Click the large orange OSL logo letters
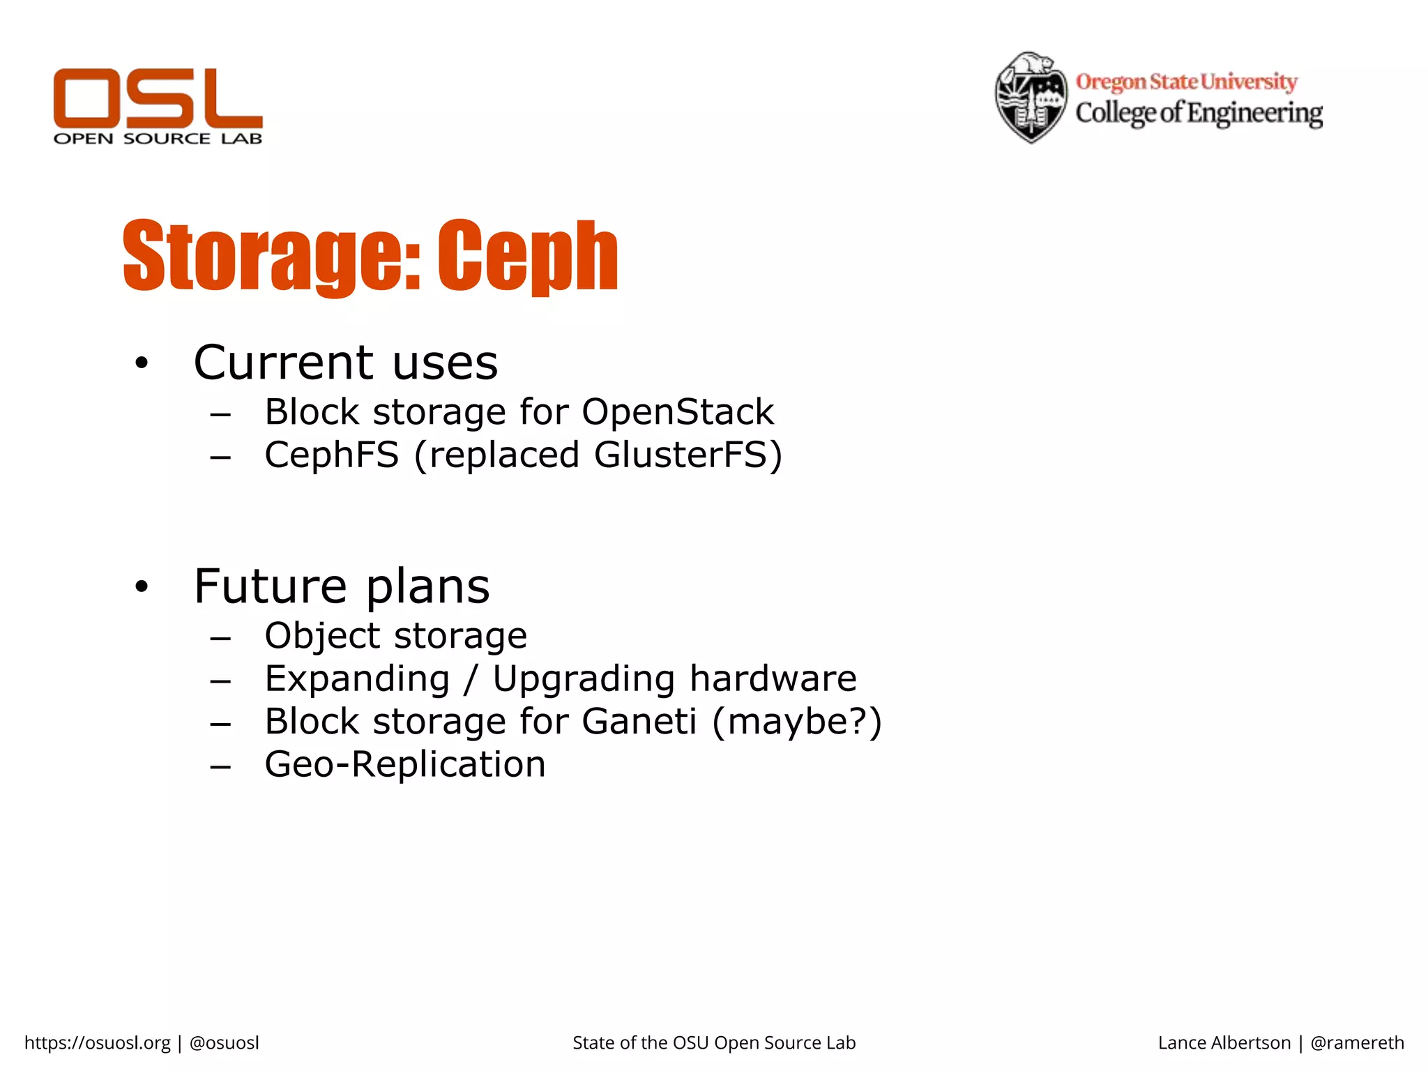[x=158, y=98]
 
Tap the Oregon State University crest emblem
[x=1031, y=98]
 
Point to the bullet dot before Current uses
[x=142, y=363]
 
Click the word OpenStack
[x=677, y=412]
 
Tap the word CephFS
[x=332, y=455]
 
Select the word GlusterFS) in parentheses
[x=688, y=455]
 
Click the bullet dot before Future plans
[x=142, y=587]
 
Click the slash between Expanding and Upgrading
[x=471, y=679]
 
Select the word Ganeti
[x=639, y=722]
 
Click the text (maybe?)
[x=797, y=722]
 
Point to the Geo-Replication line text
[x=404, y=764]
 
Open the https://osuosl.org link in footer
[x=97, y=1042]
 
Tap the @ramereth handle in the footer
[x=1357, y=1042]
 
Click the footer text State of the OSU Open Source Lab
[x=714, y=1042]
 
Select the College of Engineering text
[x=1198, y=113]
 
